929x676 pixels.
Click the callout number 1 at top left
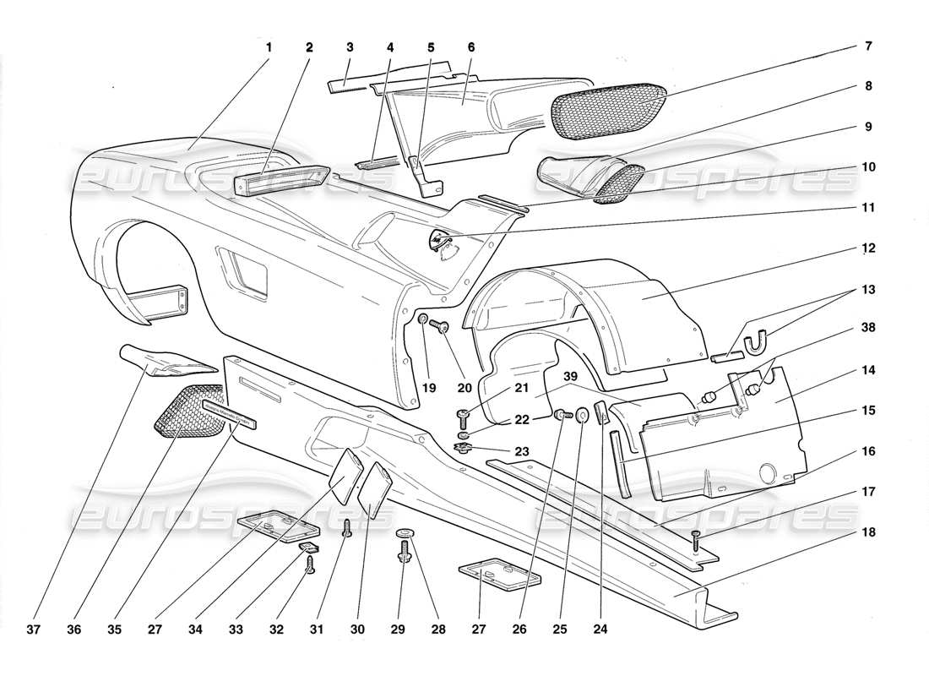click(x=269, y=48)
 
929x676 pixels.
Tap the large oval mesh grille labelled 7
click(x=606, y=108)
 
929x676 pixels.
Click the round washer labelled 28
click(x=405, y=533)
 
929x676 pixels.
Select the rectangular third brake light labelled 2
click(x=282, y=180)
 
